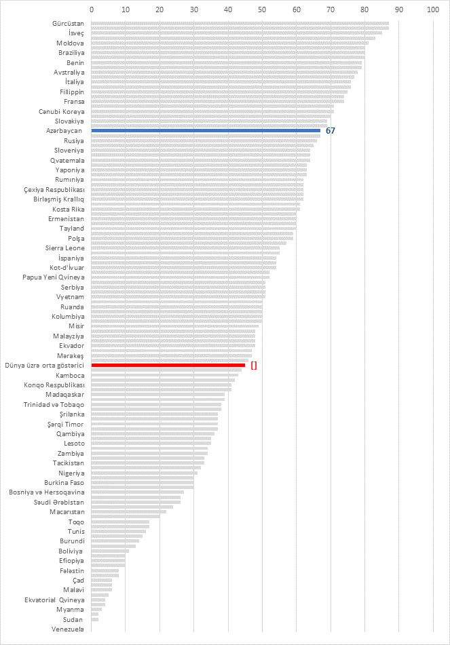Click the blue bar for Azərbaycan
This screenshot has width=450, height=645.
point(206,131)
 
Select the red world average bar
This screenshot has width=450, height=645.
point(168,366)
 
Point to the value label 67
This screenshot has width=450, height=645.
point(330,131)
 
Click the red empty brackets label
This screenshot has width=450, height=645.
point(254,366)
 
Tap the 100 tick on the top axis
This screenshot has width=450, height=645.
point(433,9)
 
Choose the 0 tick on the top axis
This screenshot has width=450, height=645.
point(92,9)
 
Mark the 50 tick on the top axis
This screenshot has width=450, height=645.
point(262,9)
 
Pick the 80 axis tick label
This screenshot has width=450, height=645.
point(364,9)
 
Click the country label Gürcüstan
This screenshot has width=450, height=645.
point(68,24)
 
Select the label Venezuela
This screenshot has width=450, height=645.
point(67,629)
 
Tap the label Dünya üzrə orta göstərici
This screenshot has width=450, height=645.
point(44,366)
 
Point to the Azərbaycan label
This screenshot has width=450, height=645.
point(64,131)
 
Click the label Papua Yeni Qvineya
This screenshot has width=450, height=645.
point(54,277)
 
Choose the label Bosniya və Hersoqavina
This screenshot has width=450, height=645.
point(47,492)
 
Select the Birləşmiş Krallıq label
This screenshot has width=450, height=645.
point(59,199)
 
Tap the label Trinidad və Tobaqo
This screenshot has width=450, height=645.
point(54,405)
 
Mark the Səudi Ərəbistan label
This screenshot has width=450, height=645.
point(59,503)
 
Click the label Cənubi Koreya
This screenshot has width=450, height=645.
point(62,111)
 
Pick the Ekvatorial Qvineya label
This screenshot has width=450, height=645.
point(54,600)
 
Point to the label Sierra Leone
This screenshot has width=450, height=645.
point(65,248)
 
